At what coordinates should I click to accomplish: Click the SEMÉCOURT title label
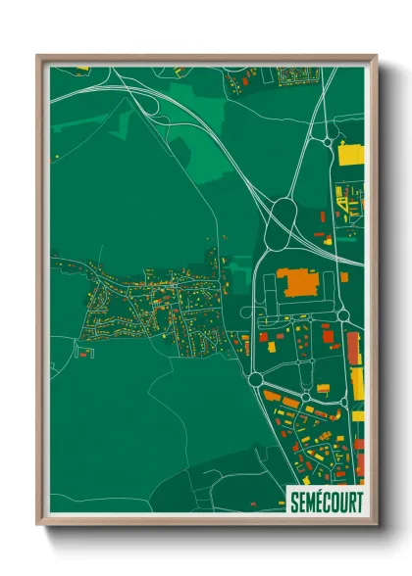(x=326, y=501)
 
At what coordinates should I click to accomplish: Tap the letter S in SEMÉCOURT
(x=294, y=501)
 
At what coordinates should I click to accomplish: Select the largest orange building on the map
(x=299, y=284)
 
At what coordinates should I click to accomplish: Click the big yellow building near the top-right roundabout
(x=351, y=154)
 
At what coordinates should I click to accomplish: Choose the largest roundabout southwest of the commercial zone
(x=256, y=379)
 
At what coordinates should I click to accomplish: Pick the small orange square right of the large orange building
(x=344, y=277)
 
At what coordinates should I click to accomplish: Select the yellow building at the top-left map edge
(x=83, y=68)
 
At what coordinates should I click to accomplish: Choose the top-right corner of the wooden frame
(x=376, y=57)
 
